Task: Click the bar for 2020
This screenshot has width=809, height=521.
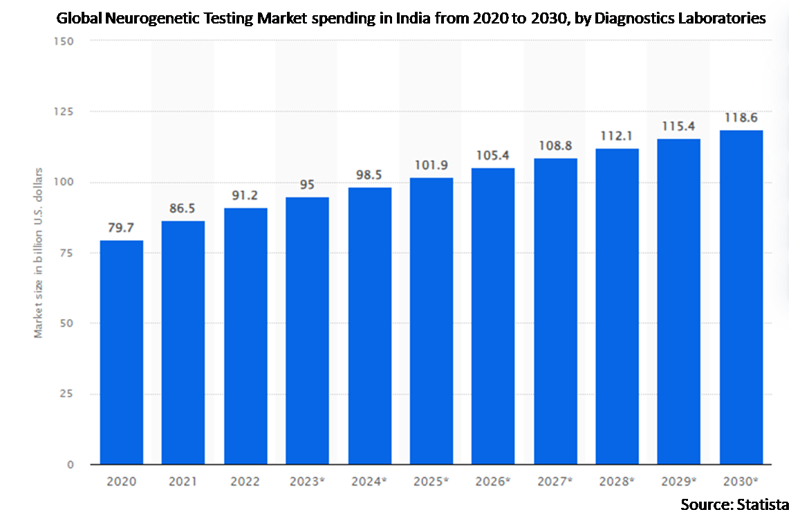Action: coord(121,352)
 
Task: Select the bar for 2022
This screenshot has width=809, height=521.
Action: coord(245,336)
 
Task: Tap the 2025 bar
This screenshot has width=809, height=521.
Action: coord(431,321)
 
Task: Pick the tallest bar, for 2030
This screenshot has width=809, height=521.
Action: coord(741,298)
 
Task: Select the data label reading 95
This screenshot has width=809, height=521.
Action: coord(307,185)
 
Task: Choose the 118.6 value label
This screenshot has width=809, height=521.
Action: coord(741,118)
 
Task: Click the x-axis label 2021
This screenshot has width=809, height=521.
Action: coord(183,481)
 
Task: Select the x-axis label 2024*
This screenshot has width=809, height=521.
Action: coord(369,481)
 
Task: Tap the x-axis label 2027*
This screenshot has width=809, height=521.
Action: coord(555,481)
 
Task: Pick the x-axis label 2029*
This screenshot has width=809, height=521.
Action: coord(679,481)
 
